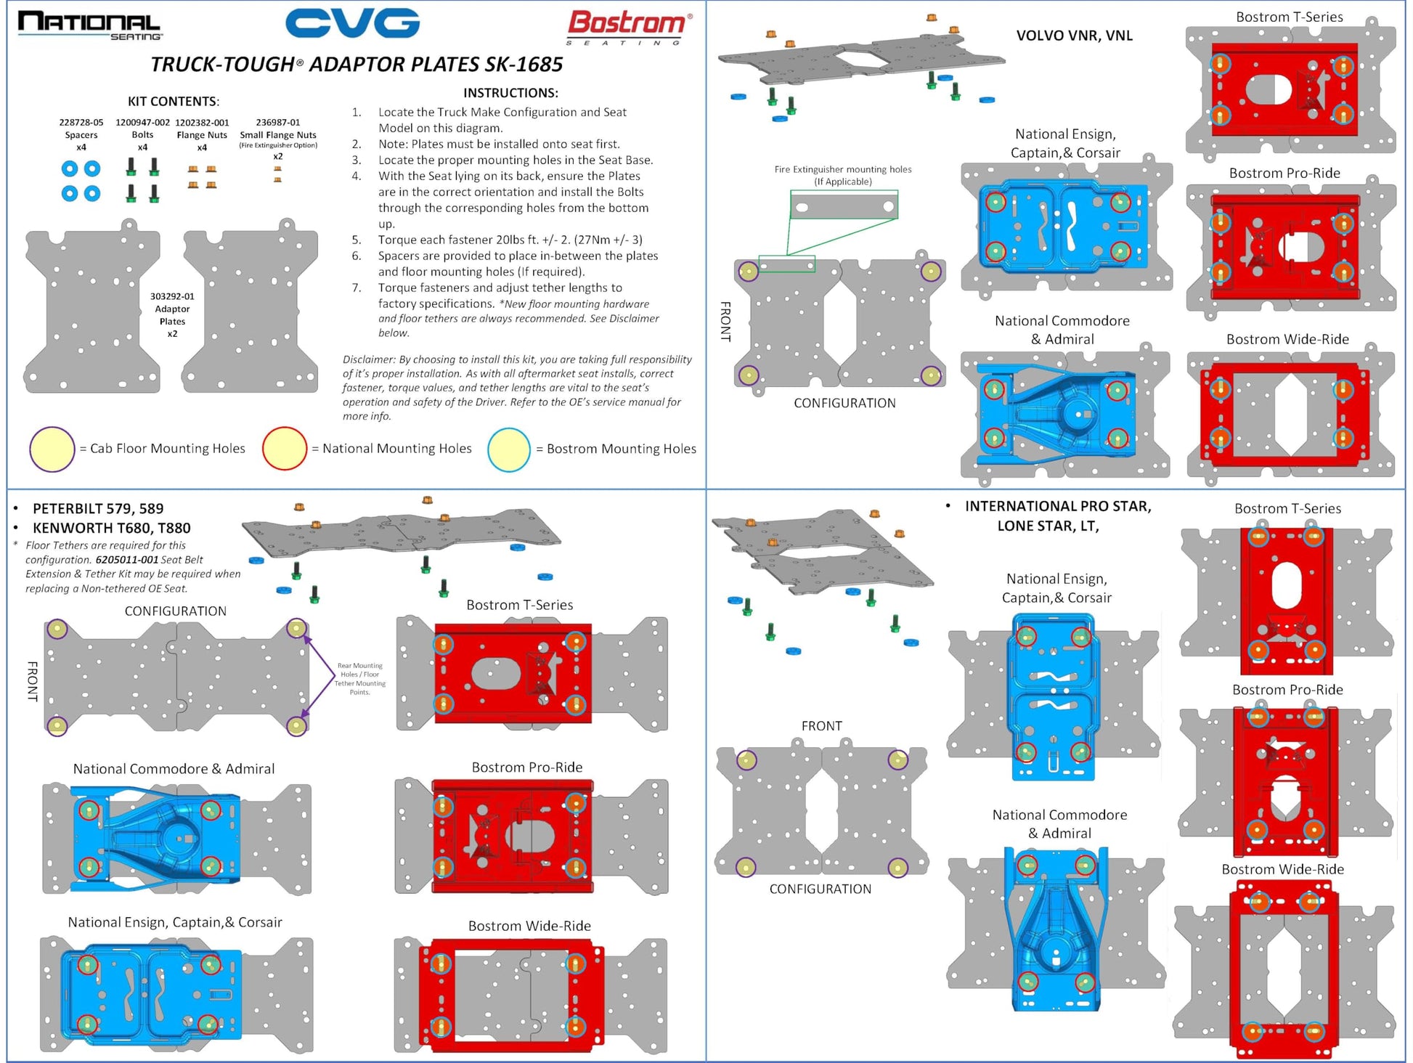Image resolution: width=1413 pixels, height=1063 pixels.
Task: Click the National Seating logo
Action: pos(89,25)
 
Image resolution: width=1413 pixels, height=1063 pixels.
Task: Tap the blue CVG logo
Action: pos(352,23)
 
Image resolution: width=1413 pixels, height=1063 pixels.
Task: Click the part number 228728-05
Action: pos(81,123)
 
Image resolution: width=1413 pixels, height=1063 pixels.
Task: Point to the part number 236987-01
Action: pos(277,123)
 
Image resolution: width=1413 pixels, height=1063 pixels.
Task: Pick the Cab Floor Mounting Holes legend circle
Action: pos(52,449)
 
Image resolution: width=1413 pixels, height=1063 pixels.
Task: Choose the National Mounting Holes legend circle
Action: pos(285,449)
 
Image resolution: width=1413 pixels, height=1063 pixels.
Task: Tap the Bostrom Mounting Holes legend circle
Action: pos(509,449)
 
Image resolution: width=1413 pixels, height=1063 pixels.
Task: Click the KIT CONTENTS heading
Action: pos(174,102)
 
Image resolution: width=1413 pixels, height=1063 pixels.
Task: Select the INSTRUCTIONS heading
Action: pos(510,93)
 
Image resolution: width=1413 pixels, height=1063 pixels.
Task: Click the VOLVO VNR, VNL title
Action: pos(1074,36)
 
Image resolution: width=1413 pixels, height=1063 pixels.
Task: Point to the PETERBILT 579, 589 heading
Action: pos(98,508)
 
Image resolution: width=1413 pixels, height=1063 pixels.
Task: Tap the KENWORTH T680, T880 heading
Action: pos(111,528)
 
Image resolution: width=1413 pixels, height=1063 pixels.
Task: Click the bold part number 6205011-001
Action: pos(126,560)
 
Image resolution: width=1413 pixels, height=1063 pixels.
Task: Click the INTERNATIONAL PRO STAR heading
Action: pos(1057,506)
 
